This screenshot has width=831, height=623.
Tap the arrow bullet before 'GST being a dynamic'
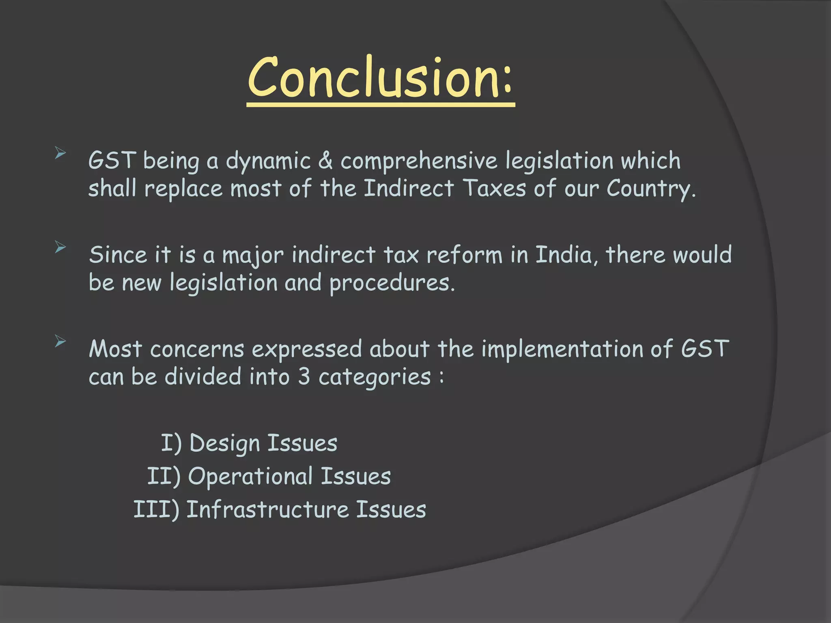(60, 153)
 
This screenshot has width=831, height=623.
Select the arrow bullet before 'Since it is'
(60, 247)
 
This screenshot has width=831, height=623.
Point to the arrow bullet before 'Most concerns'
(60, 342)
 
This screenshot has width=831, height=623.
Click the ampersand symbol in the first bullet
(325, 161)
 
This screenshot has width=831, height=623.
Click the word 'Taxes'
(494, 189)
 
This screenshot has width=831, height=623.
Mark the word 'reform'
(464, 255)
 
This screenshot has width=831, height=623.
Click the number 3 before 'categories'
(304, 377)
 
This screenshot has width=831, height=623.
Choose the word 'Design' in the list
(224, 443)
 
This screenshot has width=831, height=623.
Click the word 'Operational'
(250, 476)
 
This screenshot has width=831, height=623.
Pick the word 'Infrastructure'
(267, 509)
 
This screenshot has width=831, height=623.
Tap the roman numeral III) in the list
(156, 509)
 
